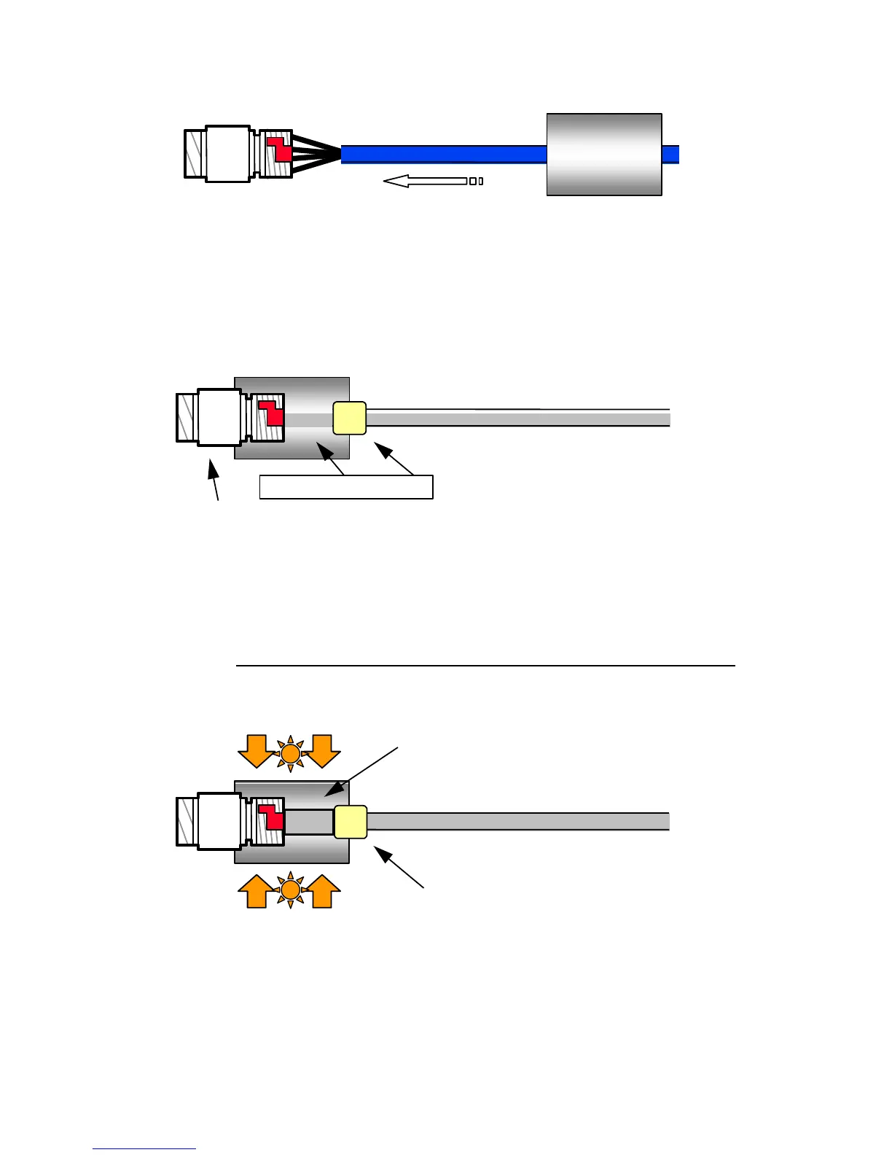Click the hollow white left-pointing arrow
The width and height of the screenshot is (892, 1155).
pos(426,181)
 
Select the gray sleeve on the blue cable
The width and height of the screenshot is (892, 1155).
pos(604,155)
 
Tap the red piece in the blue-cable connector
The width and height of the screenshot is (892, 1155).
pos(281,149)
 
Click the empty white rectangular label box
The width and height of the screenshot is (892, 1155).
pos(346,487)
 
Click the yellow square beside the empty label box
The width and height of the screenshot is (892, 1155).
pos(349,418)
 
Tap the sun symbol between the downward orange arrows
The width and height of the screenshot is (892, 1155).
pos(291,752)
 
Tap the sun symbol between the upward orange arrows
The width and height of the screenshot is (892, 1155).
pos(291,890)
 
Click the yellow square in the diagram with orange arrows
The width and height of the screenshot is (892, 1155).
pos(351,822)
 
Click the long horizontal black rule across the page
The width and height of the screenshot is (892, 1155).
pos(485,666)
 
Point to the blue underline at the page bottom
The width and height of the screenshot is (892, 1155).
pos(144,1148)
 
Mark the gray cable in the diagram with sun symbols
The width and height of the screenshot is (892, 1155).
pos(517,822)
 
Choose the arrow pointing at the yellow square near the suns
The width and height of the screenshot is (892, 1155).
pos(399,866)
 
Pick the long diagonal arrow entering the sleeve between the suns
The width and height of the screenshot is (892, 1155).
pos(361,771)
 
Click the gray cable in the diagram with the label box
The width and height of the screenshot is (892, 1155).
pos(517,419)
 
